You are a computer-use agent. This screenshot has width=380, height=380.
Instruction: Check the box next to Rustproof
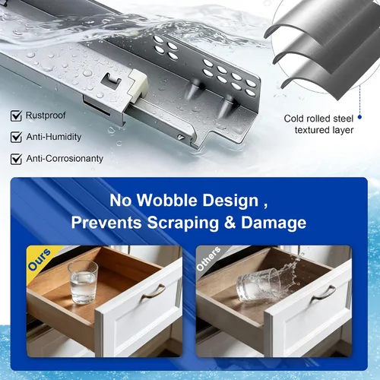tap(16, 116)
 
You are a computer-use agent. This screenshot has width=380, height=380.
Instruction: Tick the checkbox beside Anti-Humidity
tap(16, 137)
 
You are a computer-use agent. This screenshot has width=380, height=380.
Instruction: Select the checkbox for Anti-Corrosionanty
tap(16, 159)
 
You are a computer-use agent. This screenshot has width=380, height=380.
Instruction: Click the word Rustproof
tap(46, 116)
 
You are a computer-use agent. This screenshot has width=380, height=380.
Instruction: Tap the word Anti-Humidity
tap(54, 137)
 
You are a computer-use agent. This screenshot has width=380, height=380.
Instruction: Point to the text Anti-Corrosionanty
tap(65, 159)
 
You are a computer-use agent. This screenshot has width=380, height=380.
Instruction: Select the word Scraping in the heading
tap(182, 223)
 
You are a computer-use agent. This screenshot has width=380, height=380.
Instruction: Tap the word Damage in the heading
tap(274, 223)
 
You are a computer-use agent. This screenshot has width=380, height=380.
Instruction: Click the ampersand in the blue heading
tap(230, 223)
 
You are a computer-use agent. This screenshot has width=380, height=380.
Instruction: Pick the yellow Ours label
tap(40, 259)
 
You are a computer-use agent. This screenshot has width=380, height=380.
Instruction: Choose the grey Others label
tap(208, 258)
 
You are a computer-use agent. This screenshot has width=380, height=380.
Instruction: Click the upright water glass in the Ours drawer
tap(83, 282)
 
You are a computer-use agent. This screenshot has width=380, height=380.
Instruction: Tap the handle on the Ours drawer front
tap(153, 292)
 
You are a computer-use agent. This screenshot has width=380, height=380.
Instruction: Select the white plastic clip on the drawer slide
tap(138, 87)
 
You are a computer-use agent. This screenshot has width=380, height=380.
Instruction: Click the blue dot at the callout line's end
tap(359, 117)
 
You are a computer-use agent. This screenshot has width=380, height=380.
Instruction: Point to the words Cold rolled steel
tap(318, 119)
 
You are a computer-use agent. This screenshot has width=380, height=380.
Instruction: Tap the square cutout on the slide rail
tap(112, 81)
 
